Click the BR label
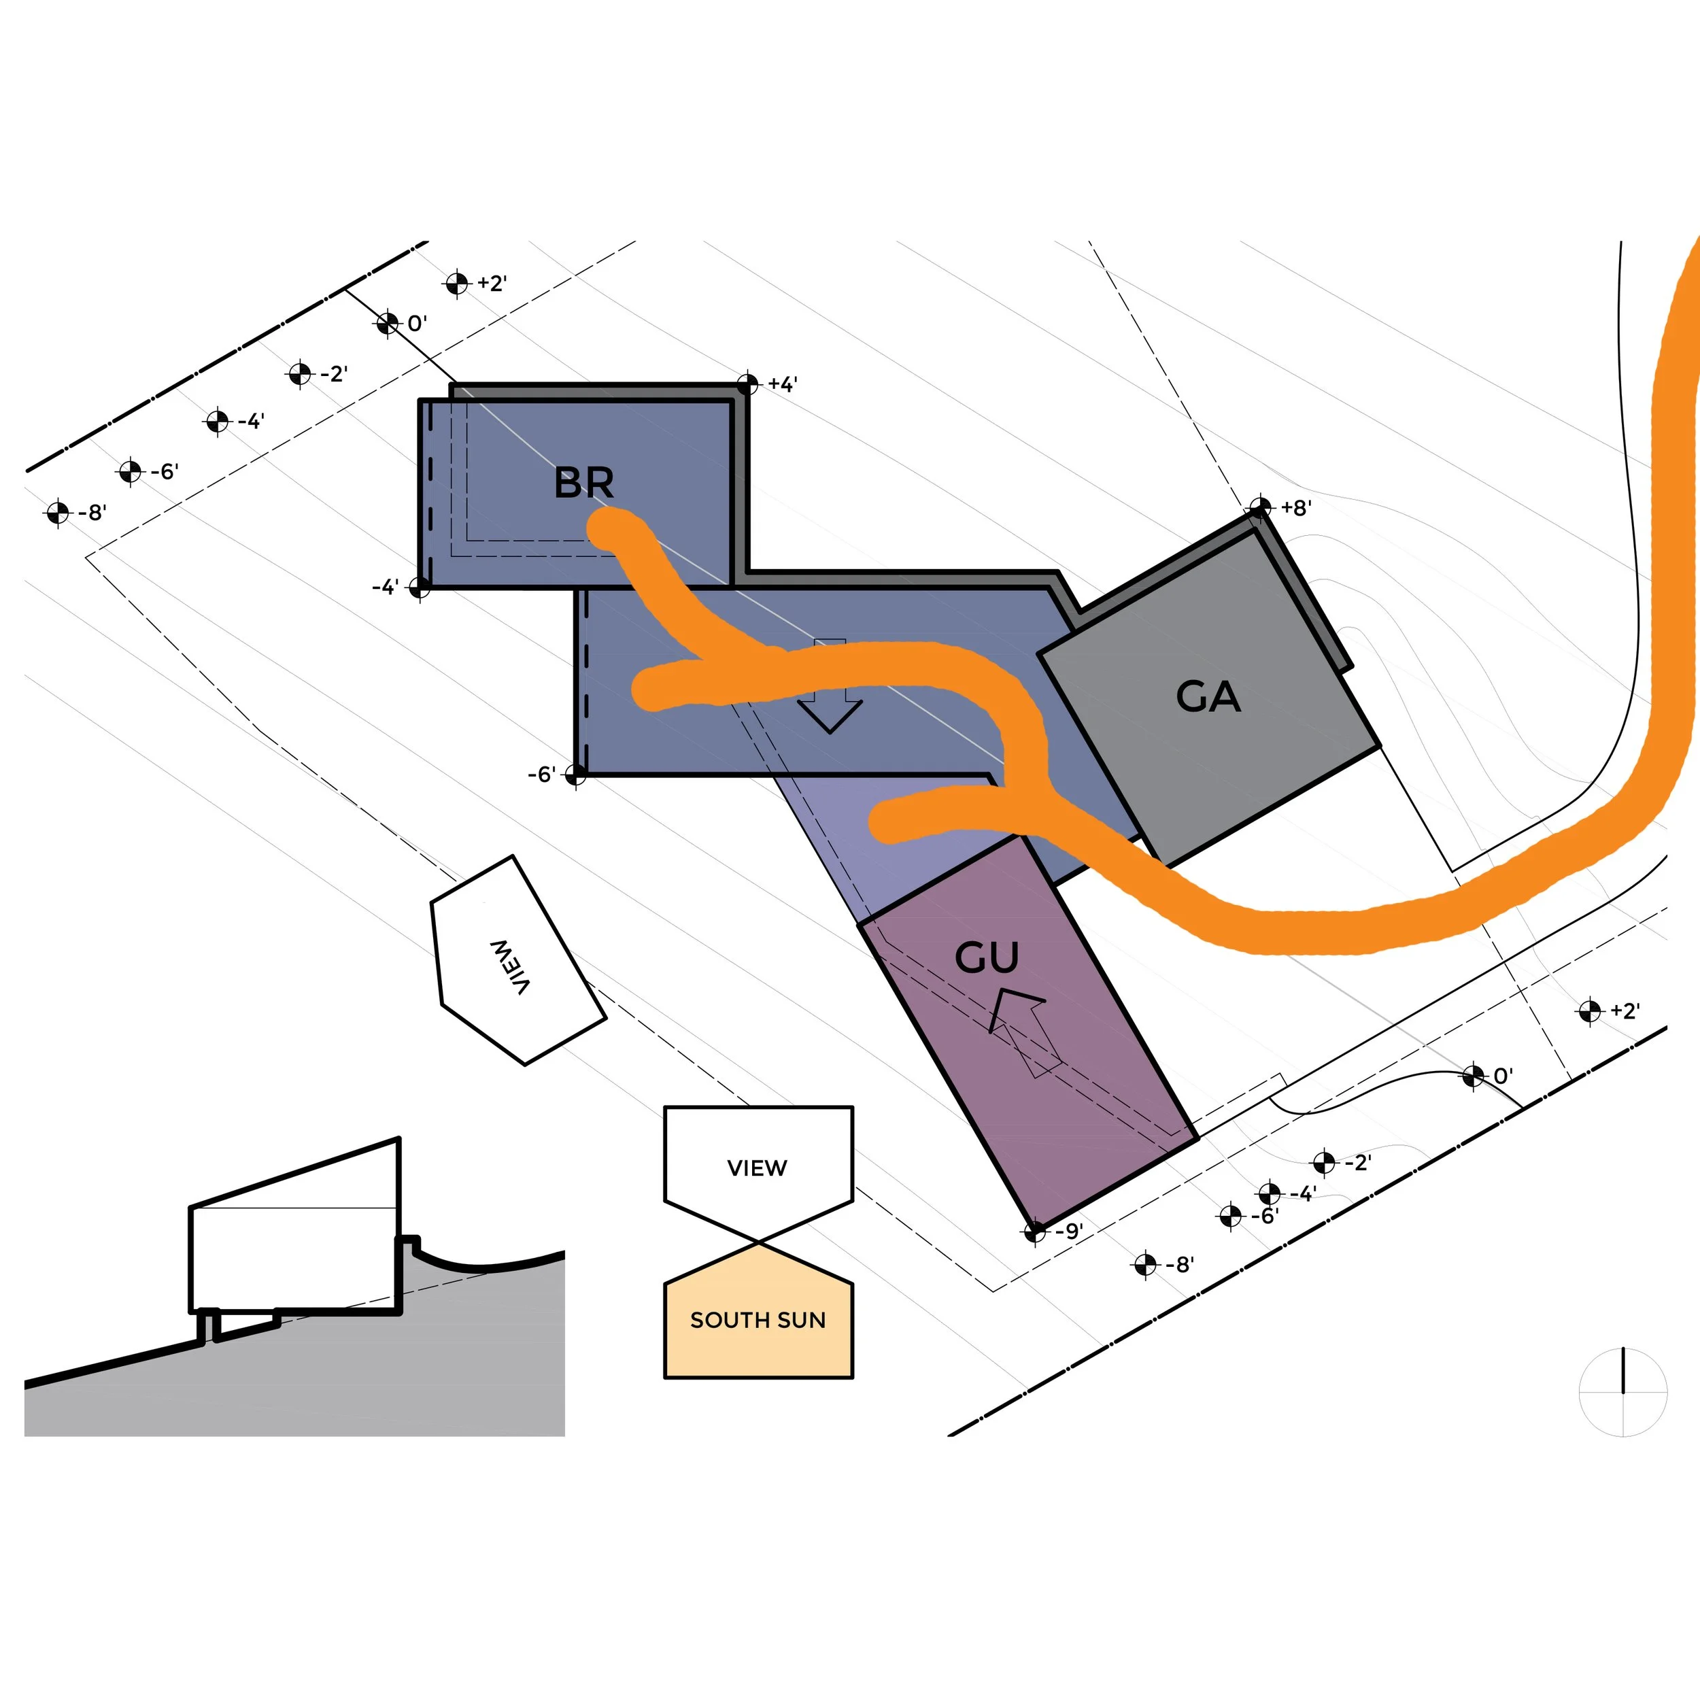coord(583,483)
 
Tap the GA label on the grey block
coord(1208,697)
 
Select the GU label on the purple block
coord(987,957)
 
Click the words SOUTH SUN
coord(758,1320)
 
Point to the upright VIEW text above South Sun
coord(757,1168)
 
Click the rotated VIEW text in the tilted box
coord(511,966)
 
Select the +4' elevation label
coord(782,384)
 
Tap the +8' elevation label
coord(1296,508)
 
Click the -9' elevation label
coord(1069,1230)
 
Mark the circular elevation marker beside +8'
coord(1260,508)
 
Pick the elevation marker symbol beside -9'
coord(1035,1232)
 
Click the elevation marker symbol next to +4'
coord(747,384)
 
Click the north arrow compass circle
coord(1622,1393)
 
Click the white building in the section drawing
coord(294,1249)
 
